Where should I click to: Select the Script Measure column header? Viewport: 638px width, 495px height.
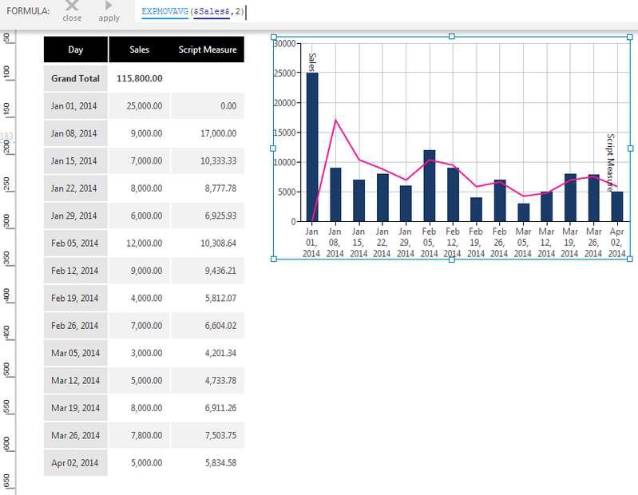(x=208, y=49)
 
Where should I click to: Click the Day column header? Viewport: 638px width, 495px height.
(x=76, y=49)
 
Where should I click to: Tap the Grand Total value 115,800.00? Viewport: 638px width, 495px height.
(x=139, y=78)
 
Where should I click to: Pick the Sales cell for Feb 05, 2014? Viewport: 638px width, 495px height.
(x=139, y=243)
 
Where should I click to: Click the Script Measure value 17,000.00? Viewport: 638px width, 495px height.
(x=208, y=133)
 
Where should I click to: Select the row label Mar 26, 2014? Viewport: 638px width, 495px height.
(x=75, y=435)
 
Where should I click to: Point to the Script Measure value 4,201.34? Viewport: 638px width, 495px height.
(x=208, y=353)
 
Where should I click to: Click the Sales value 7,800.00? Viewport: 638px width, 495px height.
(x=139, y=435)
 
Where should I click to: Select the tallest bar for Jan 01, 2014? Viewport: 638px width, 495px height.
(x=312, y=147)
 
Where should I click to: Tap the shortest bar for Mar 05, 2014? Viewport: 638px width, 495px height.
(x=523, y=212)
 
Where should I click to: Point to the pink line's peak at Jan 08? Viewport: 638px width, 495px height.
(x=335, y=120)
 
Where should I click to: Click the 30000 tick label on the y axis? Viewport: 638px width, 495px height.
(x=284, y=44)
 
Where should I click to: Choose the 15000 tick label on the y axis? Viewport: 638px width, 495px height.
(x=284, y=133)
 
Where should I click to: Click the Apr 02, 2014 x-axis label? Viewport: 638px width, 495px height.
(x=616, y=242)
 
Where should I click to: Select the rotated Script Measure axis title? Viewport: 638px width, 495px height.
(x=611, y=159)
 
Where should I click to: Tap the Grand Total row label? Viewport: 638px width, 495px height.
(x=75, y=78)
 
